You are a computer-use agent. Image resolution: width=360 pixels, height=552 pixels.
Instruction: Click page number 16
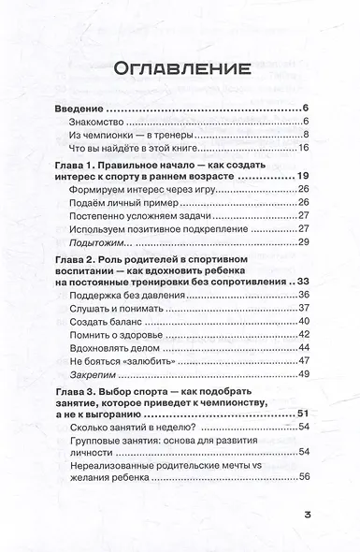(x=303, y=151)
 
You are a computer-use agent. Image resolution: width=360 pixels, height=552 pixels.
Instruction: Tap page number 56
(x=303, y=531)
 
